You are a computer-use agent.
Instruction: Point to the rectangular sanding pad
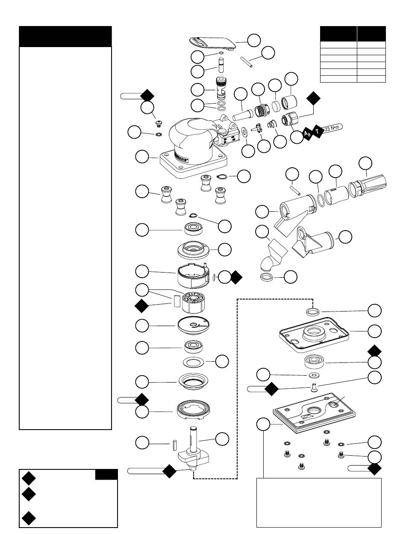(x=314, y=413)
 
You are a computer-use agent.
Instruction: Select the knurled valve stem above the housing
(x=221, y=88)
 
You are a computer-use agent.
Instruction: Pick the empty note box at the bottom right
(x=318, y=502)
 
